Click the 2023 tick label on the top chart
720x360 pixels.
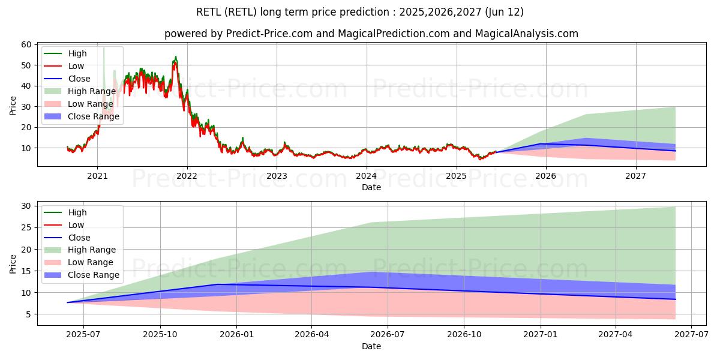coord(277,176)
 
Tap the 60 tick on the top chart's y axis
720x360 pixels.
coord(26,44)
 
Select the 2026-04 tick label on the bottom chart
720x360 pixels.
coord(312,335)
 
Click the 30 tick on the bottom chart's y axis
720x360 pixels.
coord(26,206)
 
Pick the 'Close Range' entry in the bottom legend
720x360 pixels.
coord(94,275)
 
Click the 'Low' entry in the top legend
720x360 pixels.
coord(76,66)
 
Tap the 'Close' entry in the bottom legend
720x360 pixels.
coord(79,238)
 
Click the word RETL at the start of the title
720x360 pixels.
coord(208,12)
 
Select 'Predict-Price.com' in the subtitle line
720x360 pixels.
coord(269,34)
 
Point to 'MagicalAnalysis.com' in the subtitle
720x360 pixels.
coord(527,34)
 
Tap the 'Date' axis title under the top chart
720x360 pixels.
coord(371,187)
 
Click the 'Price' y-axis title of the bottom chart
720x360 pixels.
coord(13,263)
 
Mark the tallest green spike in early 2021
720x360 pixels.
coord(103,48)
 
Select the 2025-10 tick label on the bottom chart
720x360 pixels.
coord(160,335)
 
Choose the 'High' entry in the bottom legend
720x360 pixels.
coord(77,212)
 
